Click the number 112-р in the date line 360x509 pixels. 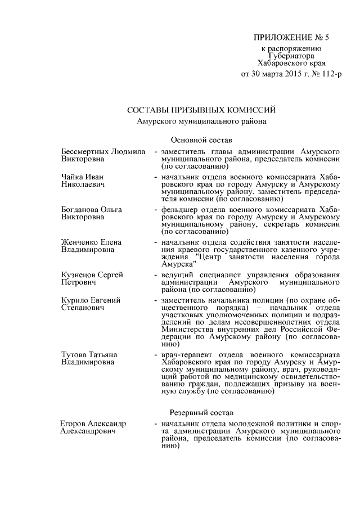[x=330, y=74]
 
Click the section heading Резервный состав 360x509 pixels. [x=198, y=413]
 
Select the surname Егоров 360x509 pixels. [x=73, y=423]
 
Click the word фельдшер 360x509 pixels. [x=177, y=210]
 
